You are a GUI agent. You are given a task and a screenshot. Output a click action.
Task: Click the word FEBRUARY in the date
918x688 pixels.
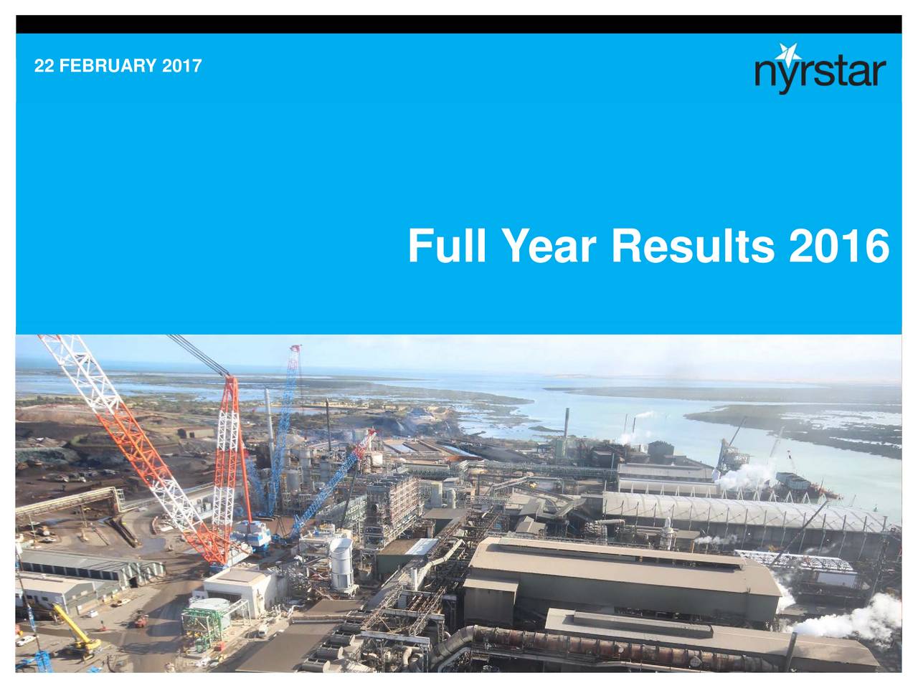[x=108, y=67]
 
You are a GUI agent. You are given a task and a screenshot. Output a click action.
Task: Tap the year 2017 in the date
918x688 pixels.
[x=182, y=67]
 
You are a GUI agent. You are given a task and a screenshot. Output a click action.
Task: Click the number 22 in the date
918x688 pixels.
[x=44, y=67]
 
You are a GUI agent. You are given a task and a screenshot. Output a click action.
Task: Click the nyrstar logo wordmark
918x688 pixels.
[x=820, y=72]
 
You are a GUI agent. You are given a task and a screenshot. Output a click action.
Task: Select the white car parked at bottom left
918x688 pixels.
[x=25, y=640]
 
